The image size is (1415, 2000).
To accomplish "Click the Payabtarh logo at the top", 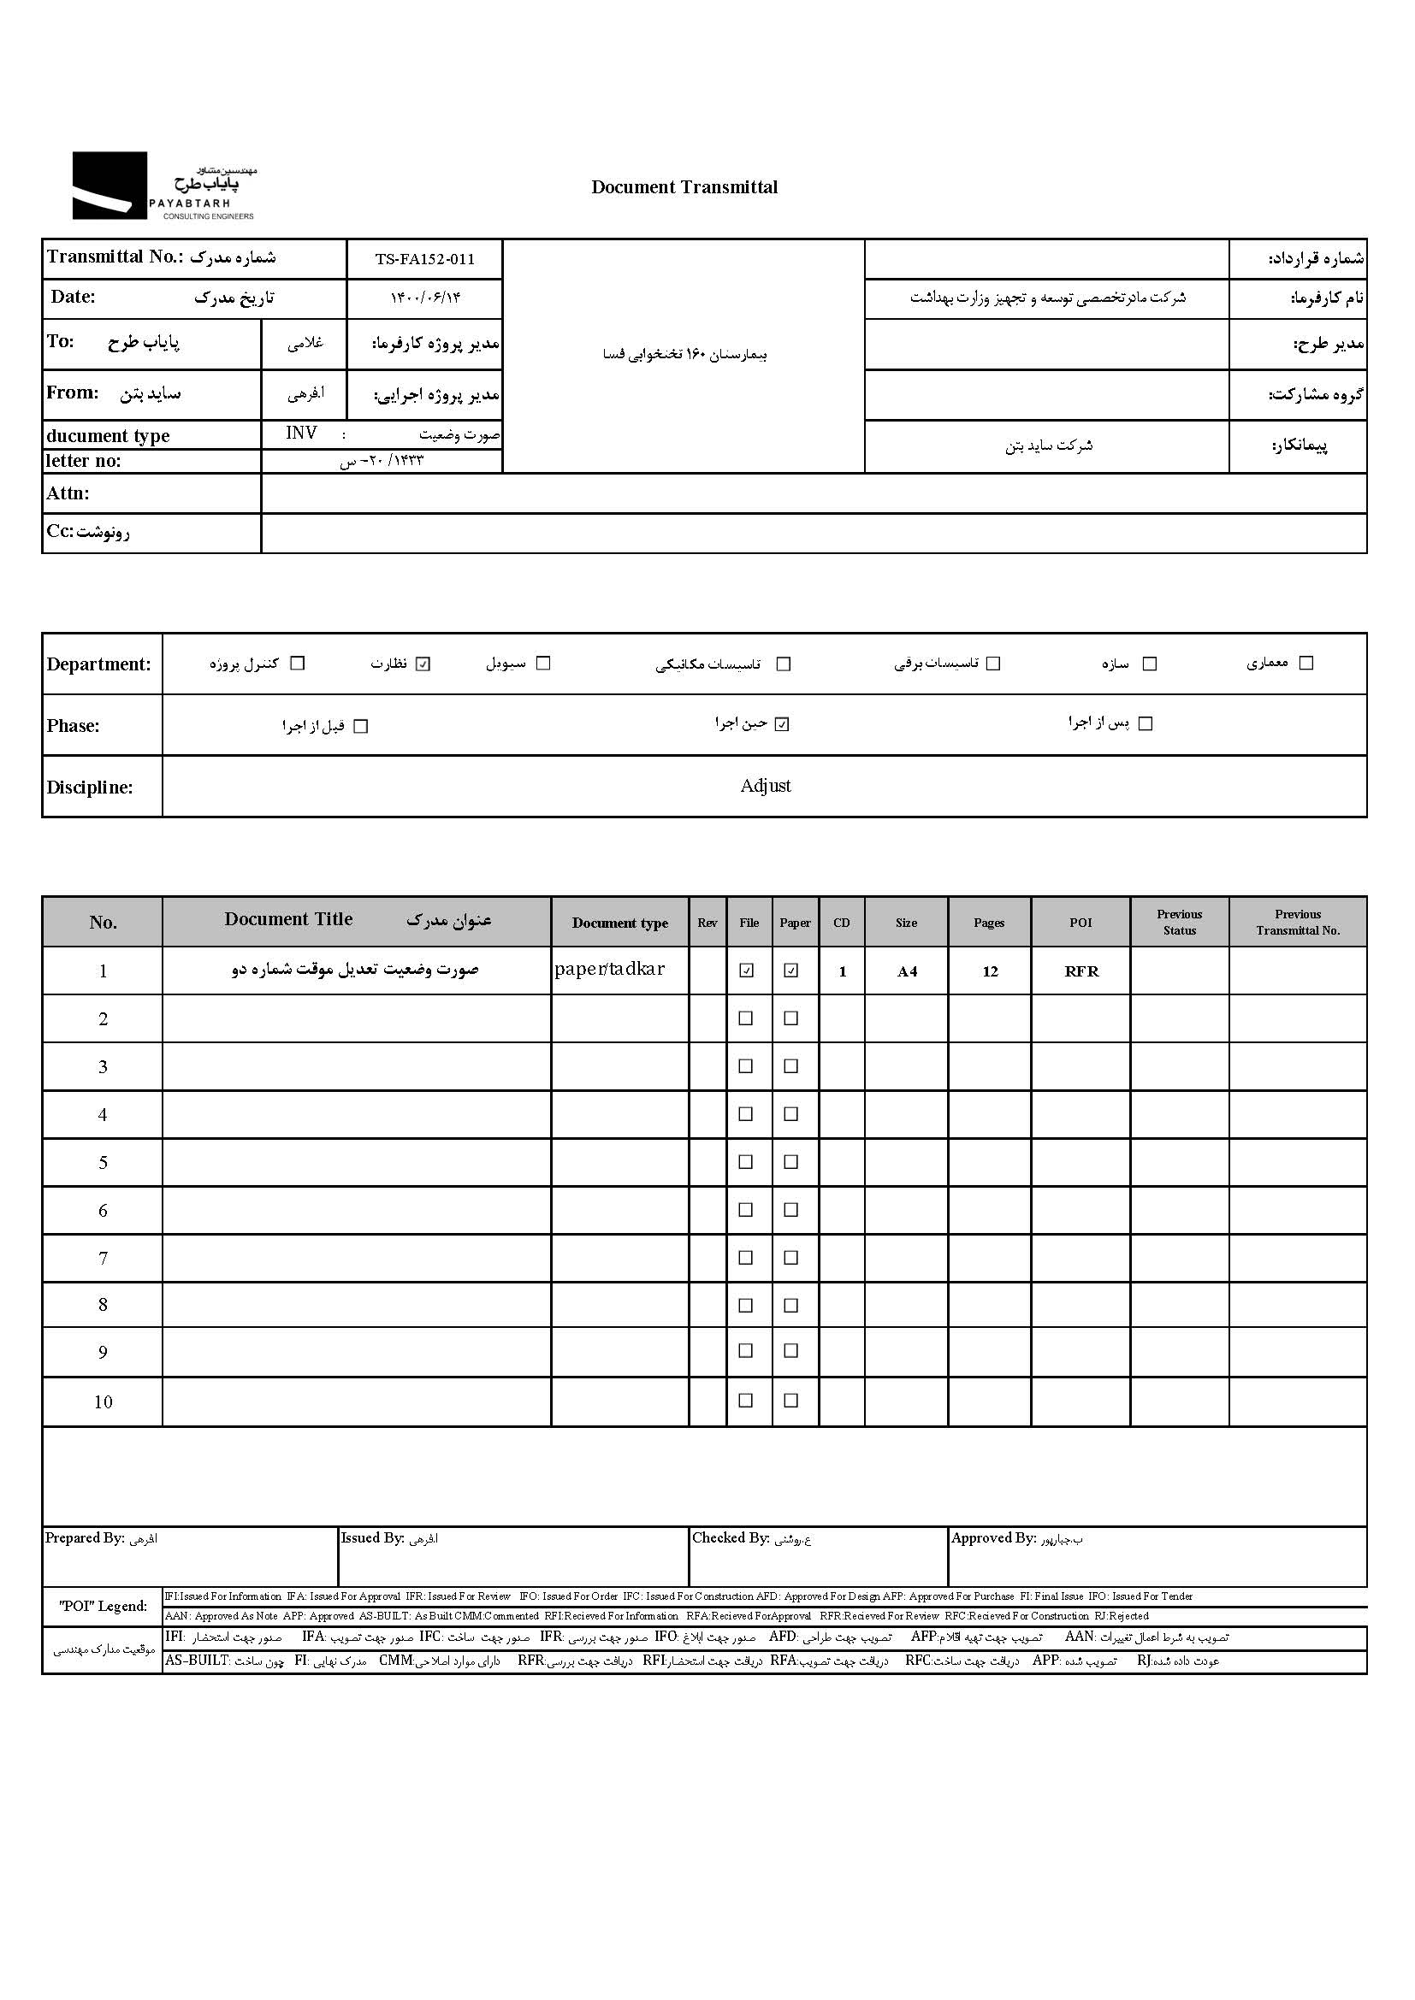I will click(163, 186).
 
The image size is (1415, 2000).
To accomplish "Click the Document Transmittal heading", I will click(684, 187).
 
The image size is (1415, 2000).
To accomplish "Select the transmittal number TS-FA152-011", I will click(424, 259).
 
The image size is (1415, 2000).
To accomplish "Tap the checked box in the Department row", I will click(423, 664).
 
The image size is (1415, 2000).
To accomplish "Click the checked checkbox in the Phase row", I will click(782, 724).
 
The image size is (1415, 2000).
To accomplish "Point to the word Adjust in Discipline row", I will click(765, 786).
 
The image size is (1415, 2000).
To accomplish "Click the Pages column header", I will click(989, 923).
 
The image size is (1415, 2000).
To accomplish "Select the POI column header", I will click(1080, 923).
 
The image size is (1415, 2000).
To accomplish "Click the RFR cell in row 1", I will click(1081, 971).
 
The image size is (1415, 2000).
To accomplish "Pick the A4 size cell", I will click(907, 971).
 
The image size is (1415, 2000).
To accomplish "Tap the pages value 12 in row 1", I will click(990, 971).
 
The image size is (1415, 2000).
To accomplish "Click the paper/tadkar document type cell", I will click(610, 970).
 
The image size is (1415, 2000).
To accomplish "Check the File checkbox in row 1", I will click(746, 971).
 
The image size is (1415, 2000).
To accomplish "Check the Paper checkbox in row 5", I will click(790, 1161).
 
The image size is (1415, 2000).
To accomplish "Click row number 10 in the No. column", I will click(103, 1401).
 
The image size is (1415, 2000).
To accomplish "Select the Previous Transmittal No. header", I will click(1298, 923).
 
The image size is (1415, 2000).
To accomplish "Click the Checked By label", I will click(730, 1538).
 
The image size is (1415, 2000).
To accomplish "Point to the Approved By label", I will click(993, 1538).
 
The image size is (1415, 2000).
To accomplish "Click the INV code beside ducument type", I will click(301, 434).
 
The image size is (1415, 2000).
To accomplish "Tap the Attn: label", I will click(68, 494).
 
